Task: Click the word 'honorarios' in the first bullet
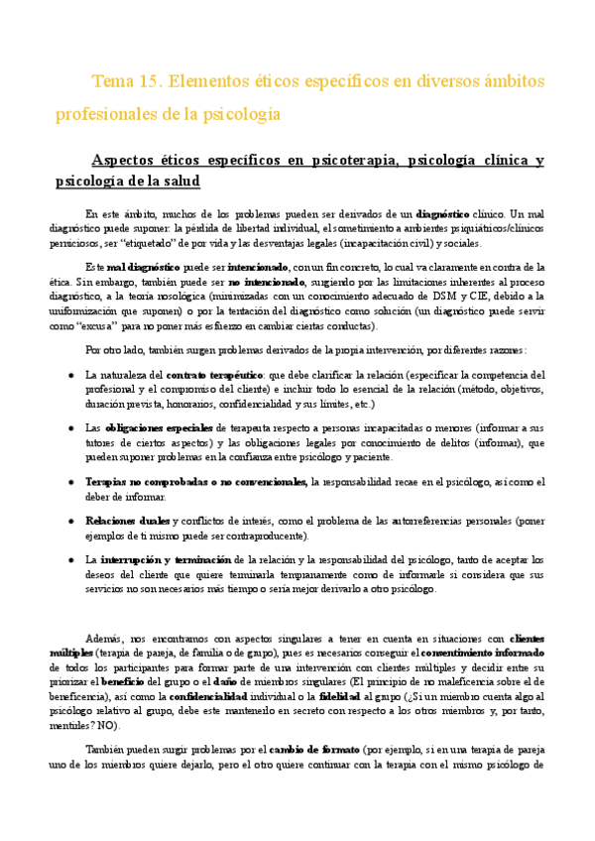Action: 203,405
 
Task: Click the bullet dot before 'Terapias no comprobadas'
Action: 72,481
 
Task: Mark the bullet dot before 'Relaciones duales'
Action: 72,520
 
